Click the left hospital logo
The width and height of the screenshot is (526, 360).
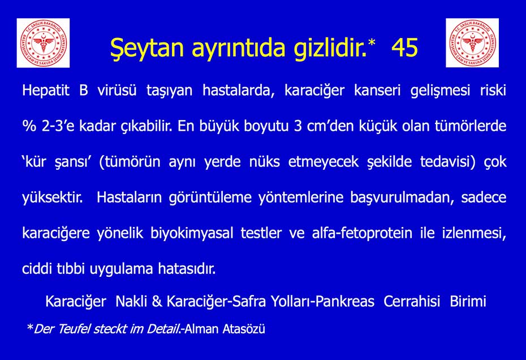[x=44, y=43]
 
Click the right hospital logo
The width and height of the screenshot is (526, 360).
[x=472, y=43]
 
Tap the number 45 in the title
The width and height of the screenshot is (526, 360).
[x=404, y=47]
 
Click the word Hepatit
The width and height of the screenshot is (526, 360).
[x=46, y=91]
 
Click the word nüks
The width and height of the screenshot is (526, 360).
[x=264, y=161]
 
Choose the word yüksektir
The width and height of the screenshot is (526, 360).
[x=53, y=197]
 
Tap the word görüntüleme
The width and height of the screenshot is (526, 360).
[x=210, y=198]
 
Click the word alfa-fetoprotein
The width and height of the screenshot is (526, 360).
[x=362, y=233]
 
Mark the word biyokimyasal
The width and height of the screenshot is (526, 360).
[x=192, y=233]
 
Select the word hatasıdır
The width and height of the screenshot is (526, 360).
[x=187, y=269]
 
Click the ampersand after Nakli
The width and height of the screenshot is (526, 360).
[x=157, y=301]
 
